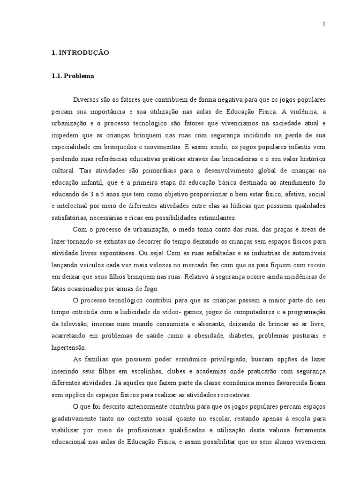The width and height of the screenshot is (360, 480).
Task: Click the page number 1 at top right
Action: [x=323, y=25]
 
